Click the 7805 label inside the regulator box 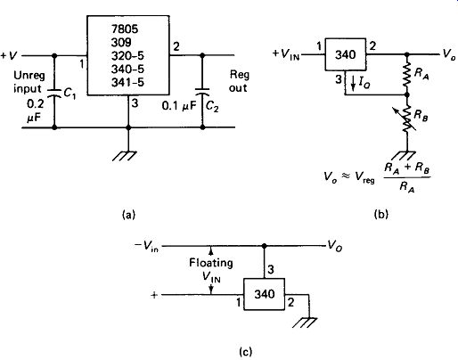click(x=125, y=29)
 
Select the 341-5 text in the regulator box click(x=127, y=82)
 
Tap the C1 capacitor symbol click(x=54, y=91)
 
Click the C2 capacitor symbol click(x=202, y=91)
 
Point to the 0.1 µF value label click(x=179, y=105)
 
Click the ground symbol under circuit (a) click(x=125, y=156)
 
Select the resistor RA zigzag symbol click(x=407, y=74)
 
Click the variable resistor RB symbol click(x=406, y=119)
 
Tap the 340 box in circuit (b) click(x=345, y=54)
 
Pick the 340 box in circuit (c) click(x=265, y=294)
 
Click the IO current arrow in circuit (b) click(x=353, y=83)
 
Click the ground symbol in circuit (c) click(x=305, y=323)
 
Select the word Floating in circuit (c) click(x=211, y=263)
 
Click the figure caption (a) click(x=128, y=214)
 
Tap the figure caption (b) click(x=381, y=214)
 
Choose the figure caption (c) click(x=245, y=351)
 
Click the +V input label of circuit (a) click(x=9, y=55)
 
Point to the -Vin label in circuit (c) click(x=146, y=246)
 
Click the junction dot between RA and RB click(x=407, y=94)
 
